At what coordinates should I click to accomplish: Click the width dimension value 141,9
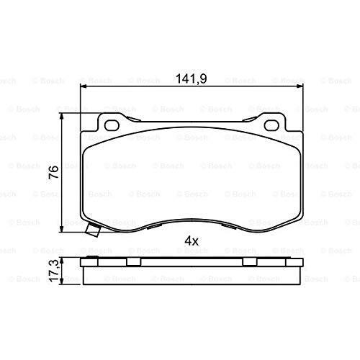click(x=192, y=79)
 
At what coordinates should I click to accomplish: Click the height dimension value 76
click(x=54, y=171)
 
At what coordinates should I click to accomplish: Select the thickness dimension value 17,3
click(x=54, y=271)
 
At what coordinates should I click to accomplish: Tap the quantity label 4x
click(x=192, y=240)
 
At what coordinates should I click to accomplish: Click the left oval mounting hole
click(x=112, y=126)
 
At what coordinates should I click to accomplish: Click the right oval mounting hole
click(x=271, y=126)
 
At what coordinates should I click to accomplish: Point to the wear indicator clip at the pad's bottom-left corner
click(x=94, y=230)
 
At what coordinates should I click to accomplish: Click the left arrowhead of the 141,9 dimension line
click(x=84, y=87)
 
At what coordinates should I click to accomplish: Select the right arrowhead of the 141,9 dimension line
click(x=300, y=87)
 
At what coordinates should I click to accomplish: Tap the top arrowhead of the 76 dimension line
click(x=62, y=116)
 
